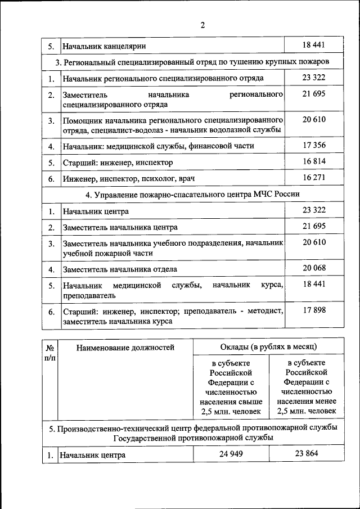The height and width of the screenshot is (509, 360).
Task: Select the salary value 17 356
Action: pos(314,145)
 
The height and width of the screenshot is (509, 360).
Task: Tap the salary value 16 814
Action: pos(314,162)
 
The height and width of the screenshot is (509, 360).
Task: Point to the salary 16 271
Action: pos(314,178)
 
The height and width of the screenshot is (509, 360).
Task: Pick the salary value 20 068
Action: pos(314,268)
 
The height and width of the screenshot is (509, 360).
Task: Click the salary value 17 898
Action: pos(314,310)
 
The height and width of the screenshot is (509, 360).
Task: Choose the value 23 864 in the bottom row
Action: pos(307,454)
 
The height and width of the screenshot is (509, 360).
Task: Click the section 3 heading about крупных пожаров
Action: pos(192,61)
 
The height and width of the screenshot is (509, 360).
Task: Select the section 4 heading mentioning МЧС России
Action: pos(192,194)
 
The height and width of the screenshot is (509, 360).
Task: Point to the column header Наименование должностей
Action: pos(125,348)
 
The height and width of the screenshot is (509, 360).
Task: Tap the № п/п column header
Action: pos(50,352)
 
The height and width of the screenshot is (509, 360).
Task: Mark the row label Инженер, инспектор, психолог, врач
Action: pos(129,179)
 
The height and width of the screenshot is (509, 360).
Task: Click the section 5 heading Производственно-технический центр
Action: pos(192,432)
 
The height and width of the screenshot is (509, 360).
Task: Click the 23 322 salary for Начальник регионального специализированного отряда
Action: pos(314,78)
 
